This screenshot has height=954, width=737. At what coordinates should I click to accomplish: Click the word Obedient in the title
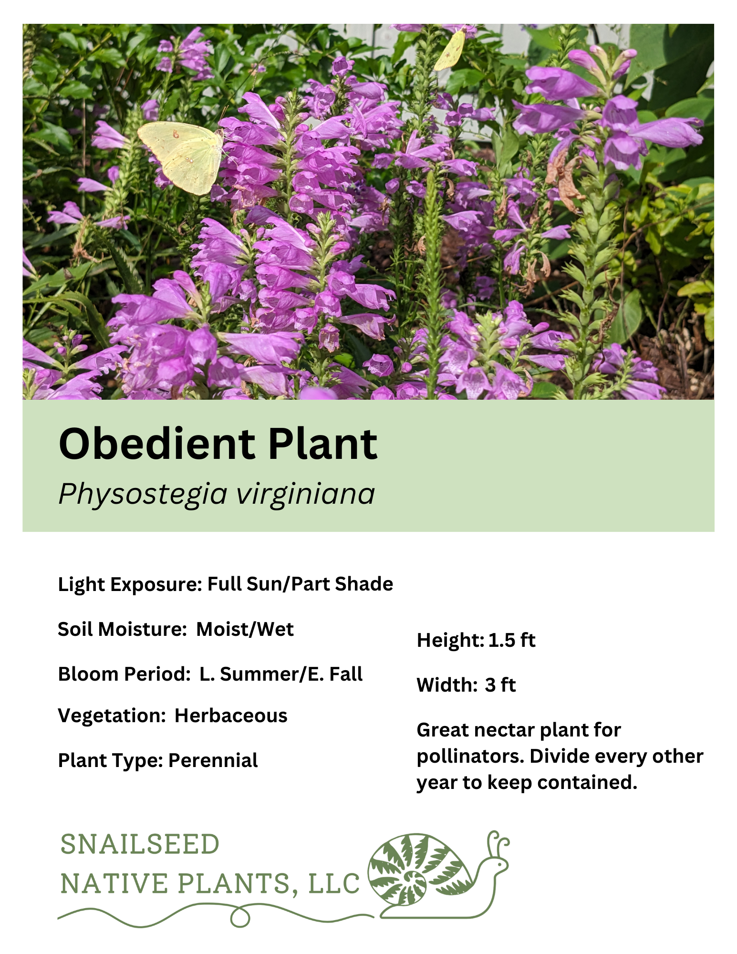pyautogui.click(x=156, y=444)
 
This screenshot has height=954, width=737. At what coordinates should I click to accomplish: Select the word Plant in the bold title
pyautogui.click(x=322, y=444)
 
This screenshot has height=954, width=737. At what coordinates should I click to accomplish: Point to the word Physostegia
pyautogui.click(x=142, y=495)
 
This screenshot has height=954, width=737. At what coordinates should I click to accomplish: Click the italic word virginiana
pyautogui.click(x=306, y=494)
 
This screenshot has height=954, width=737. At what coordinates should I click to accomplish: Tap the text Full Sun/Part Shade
pyautogui.click(x=300, y=584)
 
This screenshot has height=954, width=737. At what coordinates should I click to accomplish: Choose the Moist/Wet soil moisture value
pyautogui.click(x=245, y=630)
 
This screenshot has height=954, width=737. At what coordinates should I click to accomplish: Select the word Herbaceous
pyautogui.click(x=231, y=716)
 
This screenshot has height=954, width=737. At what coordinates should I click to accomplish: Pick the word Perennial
pyautogui.click(x=213, y=761)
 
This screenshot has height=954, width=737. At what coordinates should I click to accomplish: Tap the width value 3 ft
pyautogui.click(x=500, y=685)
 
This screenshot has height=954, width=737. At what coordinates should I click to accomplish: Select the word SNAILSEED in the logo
pyautogui.click(x=140, y=845)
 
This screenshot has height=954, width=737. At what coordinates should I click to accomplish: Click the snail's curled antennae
pyautogui.click(x=497, y=843)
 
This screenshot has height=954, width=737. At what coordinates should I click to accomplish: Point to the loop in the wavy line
pyautogui.click(x=240, y=918)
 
